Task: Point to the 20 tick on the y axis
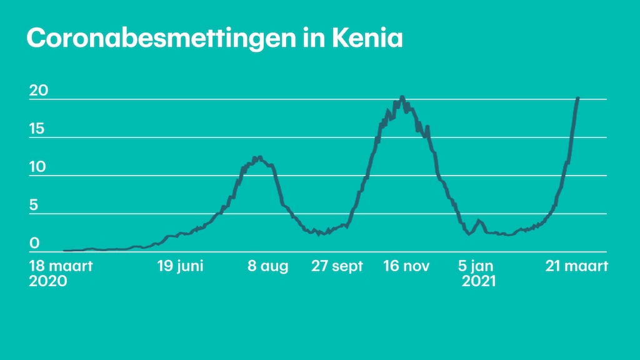click(x=39, y=91)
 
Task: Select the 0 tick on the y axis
click(x=35, y=243)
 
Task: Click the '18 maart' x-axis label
click(x=61, y=266)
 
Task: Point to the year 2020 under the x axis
click(x=48, y=281)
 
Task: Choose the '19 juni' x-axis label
click(x=180, y=266)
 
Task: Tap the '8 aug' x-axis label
click(x=268, y=266)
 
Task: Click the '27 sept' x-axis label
click(x=337, y=266)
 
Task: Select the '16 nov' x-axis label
click(x=406, y=266)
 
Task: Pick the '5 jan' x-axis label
click(x=479, y=266)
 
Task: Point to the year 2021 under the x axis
click(x=479, y=281)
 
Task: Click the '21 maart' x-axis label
click(x=576, y=266)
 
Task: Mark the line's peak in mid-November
click(x=402, y=97)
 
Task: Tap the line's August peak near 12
click(x=257, y=157)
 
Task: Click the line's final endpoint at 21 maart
click(x=577, y=98)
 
